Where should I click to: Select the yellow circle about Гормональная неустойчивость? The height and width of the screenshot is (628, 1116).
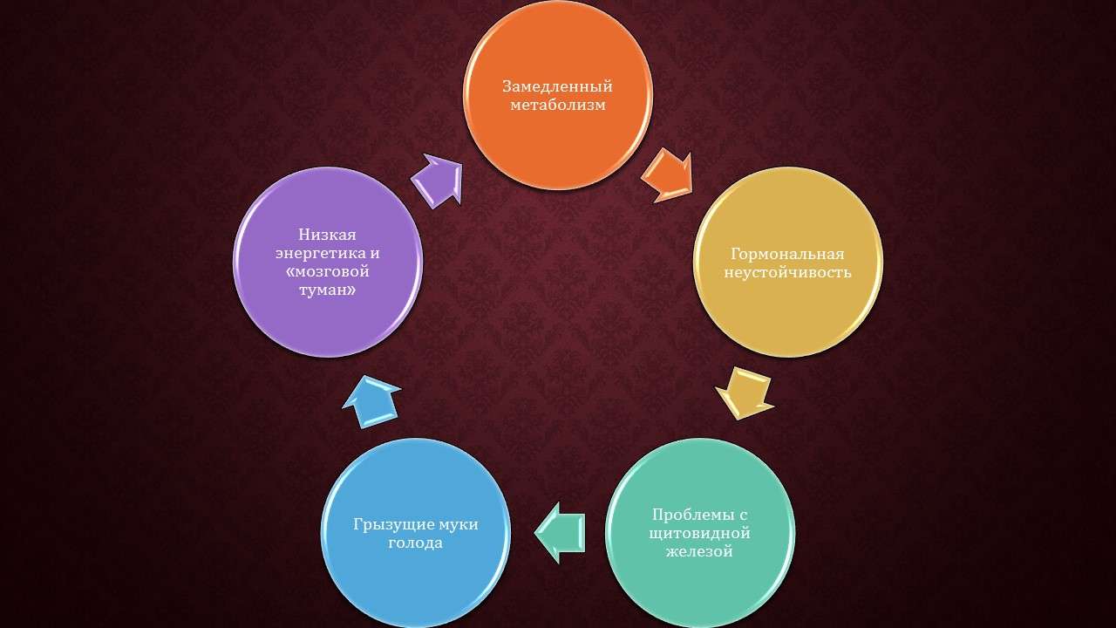pos(788,263)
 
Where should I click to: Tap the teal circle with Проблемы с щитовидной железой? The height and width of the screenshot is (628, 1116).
pos(700,533)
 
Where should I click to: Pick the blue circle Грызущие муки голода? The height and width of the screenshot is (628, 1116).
pos(416,533)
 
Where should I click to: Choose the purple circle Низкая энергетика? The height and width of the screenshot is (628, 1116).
pos(328,263)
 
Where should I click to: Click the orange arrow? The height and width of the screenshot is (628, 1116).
pos(668,175)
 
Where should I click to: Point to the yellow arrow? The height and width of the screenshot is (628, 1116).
pos(745,393)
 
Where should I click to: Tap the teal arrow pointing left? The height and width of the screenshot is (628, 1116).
pos(559,533)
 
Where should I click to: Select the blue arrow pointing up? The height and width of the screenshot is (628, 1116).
pos(371,402)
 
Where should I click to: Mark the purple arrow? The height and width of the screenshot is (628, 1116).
pos(438,181)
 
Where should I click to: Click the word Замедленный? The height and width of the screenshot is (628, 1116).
pos(557,86)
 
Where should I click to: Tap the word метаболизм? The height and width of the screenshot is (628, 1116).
pos(558,105)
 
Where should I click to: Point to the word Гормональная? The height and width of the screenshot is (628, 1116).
pos(787,254)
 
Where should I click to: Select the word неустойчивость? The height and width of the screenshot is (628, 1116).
pos(787,273)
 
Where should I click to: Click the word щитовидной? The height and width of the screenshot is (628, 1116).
pos(699,533)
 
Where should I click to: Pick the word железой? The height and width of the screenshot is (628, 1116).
pos(699,552)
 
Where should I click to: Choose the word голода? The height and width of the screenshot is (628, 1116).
pos(416,543)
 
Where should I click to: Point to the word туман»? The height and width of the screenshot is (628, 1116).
pos(328,290)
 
